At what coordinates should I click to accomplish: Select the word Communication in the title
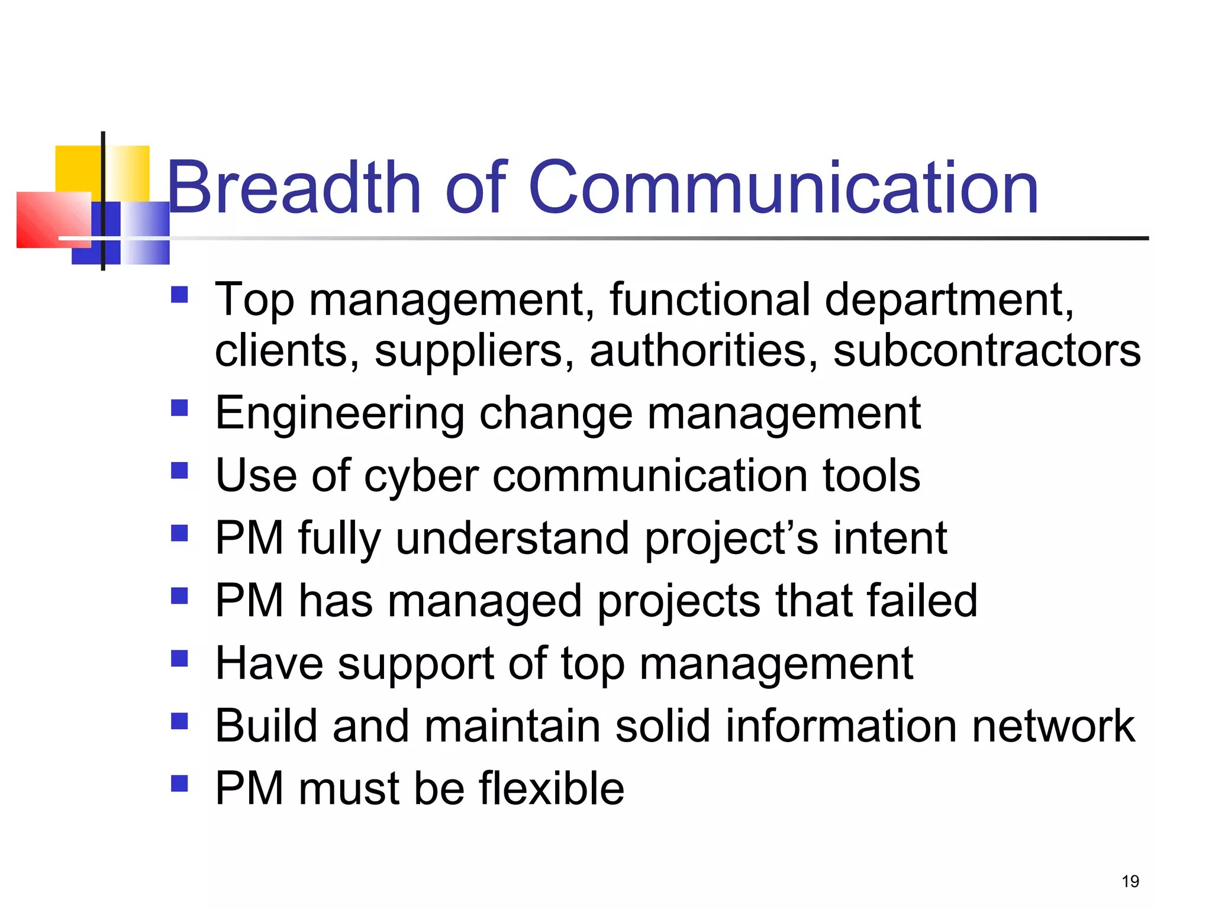point(783,188)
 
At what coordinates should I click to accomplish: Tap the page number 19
point(1130,881)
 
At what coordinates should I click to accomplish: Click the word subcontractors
point(987,350)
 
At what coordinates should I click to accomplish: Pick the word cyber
point(421,477)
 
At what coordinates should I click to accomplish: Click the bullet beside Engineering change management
point(179,408)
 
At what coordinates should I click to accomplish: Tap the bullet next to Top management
point(179,294)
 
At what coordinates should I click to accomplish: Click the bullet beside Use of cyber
point(179,470)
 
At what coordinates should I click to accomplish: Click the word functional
point(710,299)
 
